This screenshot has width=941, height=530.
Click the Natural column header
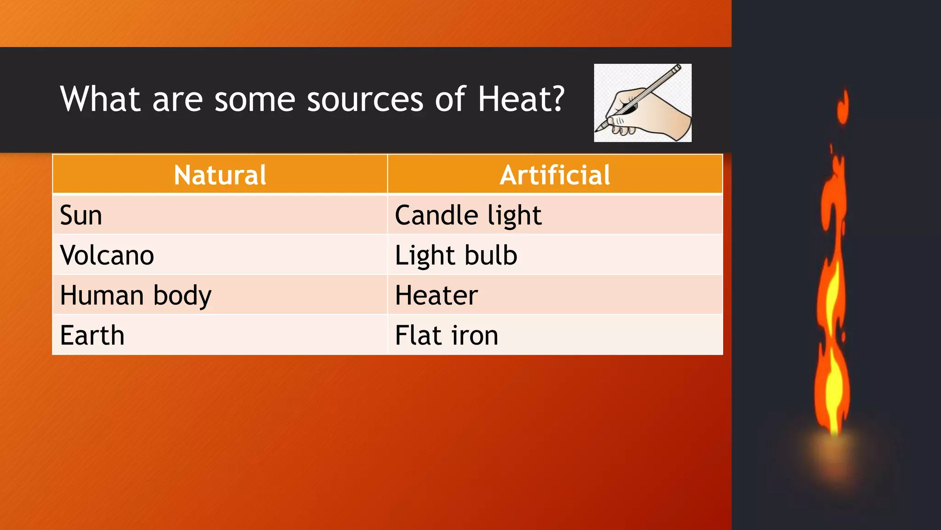(220, 175)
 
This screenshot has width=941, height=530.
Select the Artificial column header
(555, 175)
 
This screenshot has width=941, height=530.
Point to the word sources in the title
(365, 100)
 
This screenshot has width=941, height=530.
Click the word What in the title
(100, 99)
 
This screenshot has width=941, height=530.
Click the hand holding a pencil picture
(642, 103)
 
